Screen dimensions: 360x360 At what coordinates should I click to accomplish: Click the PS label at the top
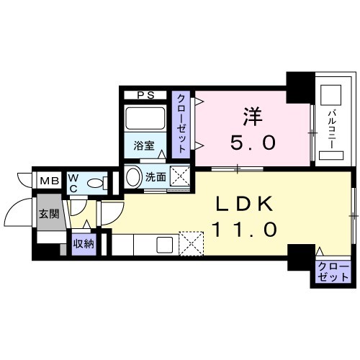coord(145,95)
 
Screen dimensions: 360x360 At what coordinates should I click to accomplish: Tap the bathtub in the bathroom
coord(145,118)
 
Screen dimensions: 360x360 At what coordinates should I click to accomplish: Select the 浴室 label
coord(144,145)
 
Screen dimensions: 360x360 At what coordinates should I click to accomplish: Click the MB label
coord(50,181)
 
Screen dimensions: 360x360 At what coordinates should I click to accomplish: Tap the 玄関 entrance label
coord(49,213)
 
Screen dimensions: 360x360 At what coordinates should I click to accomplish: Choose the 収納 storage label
coord(84,244)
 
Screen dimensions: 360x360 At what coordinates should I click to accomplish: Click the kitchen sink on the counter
coord(164,245)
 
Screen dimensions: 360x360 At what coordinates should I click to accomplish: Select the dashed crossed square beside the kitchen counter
coord(192,243)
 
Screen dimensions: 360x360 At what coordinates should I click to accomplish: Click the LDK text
coord(245,204)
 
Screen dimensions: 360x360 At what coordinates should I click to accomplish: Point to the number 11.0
coord(245,229)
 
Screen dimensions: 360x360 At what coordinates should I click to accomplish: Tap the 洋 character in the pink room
coord(253,117)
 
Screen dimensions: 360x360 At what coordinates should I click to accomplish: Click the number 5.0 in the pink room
coord(253,142)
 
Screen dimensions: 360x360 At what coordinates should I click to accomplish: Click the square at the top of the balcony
coord(331,94)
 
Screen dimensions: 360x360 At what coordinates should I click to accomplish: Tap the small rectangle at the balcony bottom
coord(331,156)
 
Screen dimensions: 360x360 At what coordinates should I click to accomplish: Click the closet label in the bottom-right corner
coord(333,272)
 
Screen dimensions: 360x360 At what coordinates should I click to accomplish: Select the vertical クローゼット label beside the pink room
coord(181,124)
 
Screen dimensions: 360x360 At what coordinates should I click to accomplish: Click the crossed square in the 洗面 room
coord(180,177)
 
